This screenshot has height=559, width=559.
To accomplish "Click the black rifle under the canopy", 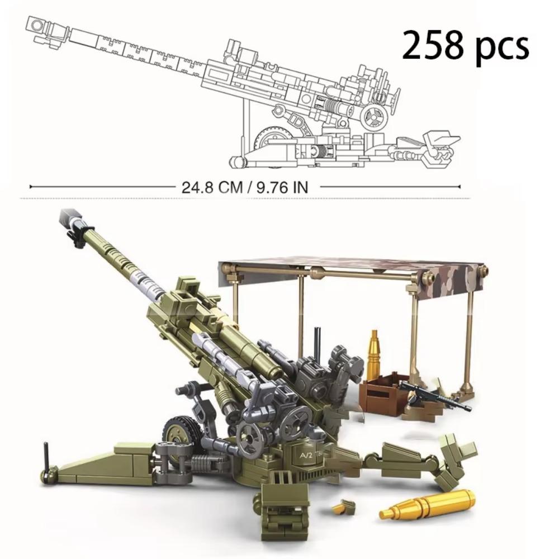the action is [x=435, y=396].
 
